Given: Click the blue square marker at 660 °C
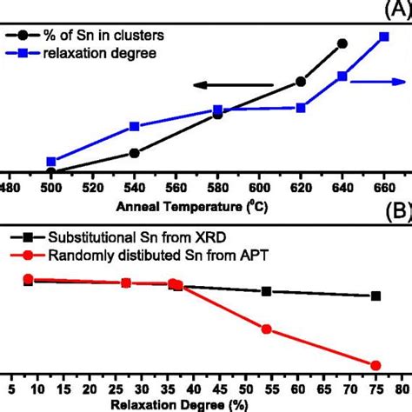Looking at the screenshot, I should pyautogui.click(x=384, y=37).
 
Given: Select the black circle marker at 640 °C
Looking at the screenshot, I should pyautogui.click(x=342, y=43).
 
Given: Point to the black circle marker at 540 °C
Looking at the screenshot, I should pyautogui.click(x=134, y=153).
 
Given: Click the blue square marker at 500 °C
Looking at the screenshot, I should pyautogui.click(x=51, y=162).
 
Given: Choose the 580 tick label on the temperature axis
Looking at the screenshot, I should pyautogui.click(x=217, y=186).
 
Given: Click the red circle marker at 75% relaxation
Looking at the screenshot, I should pyautogui.click(x=375, y=365).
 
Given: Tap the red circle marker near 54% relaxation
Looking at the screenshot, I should pyautogui.click(x=267, y=329).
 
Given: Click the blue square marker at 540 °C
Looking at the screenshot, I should pyautogui.click(x=134, y=127).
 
